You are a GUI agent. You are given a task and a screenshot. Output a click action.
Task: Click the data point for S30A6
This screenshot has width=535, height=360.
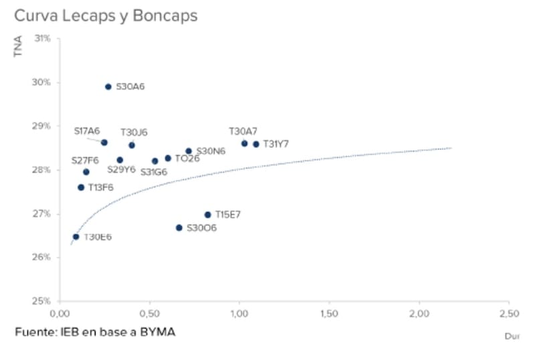click(x=108, y=87)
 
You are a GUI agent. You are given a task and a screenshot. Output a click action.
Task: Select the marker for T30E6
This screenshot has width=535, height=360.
click(x=76, y=237)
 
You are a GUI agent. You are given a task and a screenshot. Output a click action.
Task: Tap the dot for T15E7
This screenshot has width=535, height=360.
click(x=207, y=215)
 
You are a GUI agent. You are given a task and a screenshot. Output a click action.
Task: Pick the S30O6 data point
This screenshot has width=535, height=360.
click(x=179, y=228)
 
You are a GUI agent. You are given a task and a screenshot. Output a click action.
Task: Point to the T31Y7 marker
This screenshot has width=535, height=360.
click(x=255, y=144)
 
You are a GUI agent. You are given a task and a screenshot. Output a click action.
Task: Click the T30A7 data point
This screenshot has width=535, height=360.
click(x=244, y=143)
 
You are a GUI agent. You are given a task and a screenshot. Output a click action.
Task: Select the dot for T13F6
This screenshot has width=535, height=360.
click(x=81, y=187)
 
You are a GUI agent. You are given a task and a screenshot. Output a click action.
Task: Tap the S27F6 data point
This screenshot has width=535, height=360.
click(x=86, y=172)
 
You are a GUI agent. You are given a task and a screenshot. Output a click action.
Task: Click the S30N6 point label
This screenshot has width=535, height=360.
click(x=211, y=151)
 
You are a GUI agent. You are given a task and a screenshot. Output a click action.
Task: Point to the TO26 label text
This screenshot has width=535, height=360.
click(x=187, y=159)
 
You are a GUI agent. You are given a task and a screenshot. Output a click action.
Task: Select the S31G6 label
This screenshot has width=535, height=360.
click(x=154, y=172)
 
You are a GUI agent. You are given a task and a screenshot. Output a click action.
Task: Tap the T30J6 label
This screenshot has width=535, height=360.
click(x=134, y=132)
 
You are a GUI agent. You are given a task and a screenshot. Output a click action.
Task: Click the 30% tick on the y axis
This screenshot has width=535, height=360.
click(x=43, y=83)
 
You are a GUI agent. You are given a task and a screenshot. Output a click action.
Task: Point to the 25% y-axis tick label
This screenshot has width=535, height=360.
click(x=43, y=301)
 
